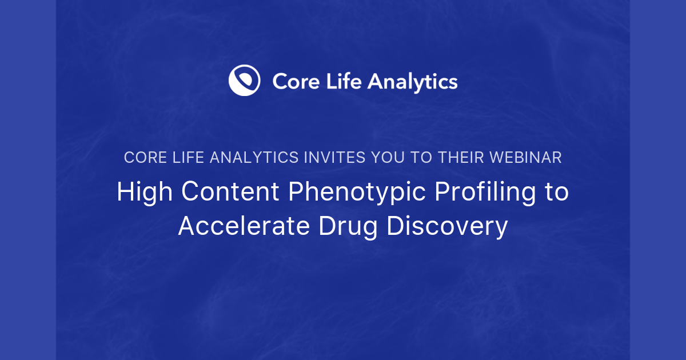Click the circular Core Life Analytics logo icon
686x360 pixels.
245,81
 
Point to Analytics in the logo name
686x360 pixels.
412,82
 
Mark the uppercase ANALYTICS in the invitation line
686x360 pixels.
254,158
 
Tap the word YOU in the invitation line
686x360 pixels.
389,158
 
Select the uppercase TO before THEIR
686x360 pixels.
422,158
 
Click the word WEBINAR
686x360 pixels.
526,158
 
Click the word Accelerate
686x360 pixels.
244,226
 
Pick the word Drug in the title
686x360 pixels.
348,227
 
